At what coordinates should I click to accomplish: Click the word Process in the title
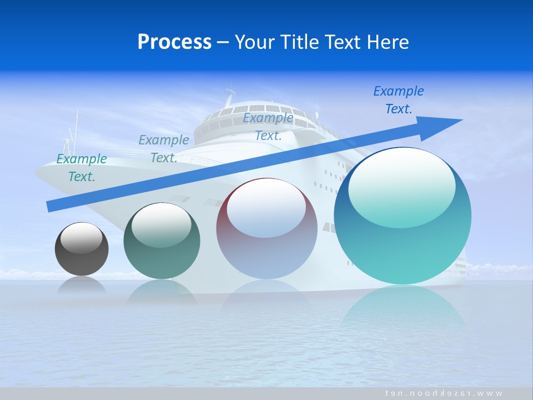pyautogui.click(x=174, y=42)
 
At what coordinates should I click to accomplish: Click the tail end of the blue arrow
pyautogui.click(x=49, y=207)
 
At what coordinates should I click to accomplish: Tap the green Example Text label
pyautogui.click(x=82, y=168)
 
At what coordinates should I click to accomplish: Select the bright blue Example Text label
pyautogui.click(x=398, y=100)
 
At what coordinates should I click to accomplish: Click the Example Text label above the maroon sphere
pyautogui.click(x=268, y=127)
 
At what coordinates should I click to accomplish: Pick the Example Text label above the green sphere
pyautogui.click(x=164, y=149)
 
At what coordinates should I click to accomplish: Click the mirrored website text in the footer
pyautogui.click(x=444, y=393)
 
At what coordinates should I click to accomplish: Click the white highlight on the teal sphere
pyautogui.click(x=401, y=189)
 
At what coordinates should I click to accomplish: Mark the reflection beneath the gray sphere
pyautogui.click(x=82, y=286)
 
